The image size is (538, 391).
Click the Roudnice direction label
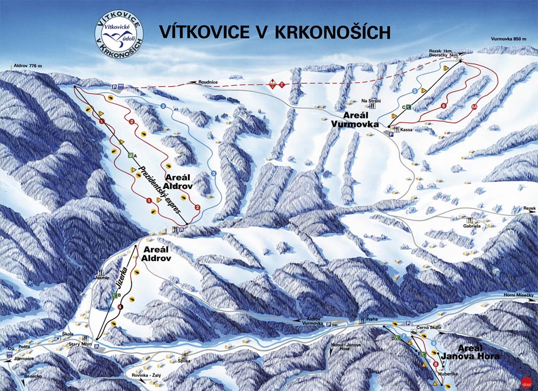click(208, 82)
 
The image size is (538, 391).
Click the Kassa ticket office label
click(406, 129)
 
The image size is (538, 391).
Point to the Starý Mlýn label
click(78, 343)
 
